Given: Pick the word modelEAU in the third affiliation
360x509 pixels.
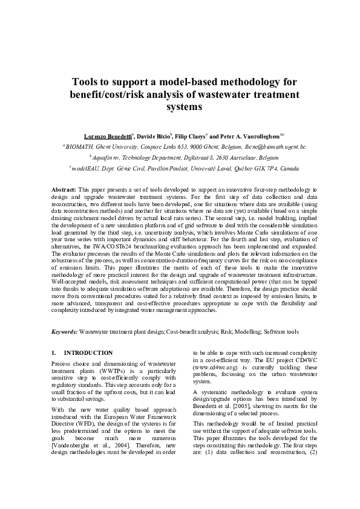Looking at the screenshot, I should tap(87, 167).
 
